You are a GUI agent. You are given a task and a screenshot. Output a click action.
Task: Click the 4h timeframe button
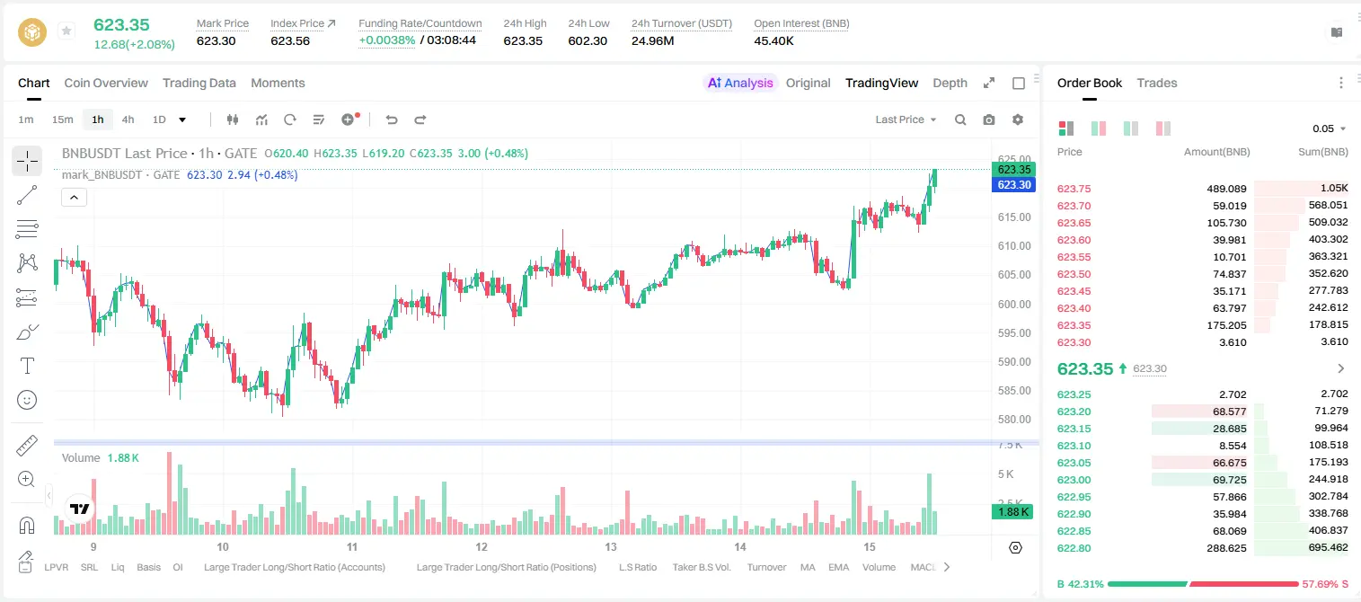128,120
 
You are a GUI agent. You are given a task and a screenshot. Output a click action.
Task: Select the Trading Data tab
199,83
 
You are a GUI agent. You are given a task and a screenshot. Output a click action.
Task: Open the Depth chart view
950,83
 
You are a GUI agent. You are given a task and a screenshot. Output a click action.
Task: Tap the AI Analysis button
740,83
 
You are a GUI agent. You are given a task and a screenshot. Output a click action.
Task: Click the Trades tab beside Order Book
1156,83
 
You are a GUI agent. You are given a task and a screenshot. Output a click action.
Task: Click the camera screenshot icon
988,120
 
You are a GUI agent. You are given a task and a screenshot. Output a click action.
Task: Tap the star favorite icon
66,31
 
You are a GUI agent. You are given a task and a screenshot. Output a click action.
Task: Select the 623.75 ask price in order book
1074,189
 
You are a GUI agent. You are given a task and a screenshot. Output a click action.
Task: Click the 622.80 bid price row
1074,548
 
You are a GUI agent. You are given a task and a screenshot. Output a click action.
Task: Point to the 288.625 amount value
1226,548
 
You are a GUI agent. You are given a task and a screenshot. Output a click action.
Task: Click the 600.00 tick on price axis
1014,304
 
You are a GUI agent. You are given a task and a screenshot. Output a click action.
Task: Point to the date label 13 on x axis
610,546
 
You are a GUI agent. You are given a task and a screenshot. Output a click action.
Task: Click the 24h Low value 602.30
588,40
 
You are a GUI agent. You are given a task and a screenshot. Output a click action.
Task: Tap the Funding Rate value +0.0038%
386,40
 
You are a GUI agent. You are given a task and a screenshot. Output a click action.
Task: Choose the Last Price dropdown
906,120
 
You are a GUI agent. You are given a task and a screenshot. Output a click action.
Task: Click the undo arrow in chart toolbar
392,120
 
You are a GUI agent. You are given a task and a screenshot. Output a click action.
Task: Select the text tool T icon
27,366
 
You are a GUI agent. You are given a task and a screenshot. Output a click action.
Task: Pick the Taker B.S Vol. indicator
701,567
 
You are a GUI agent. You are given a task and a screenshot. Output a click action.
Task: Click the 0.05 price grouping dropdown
1329,128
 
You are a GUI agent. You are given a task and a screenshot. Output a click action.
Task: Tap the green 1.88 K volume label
1012,511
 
